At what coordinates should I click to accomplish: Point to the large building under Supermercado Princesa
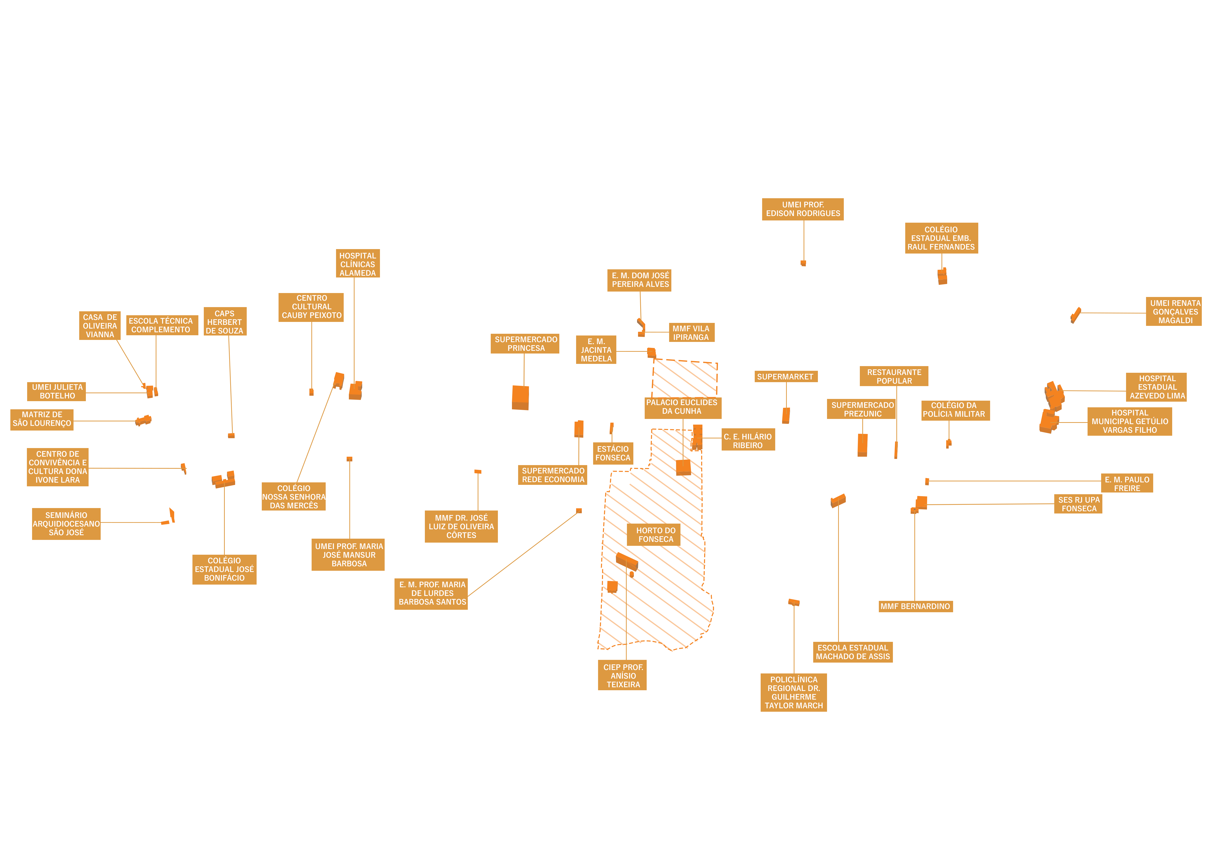tap(520, 398)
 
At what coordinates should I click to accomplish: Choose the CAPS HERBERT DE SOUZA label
tap(225, 322)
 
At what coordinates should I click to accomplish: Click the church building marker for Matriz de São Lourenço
tap(143, 421)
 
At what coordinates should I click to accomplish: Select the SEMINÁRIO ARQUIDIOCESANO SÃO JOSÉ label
tap(66, 524)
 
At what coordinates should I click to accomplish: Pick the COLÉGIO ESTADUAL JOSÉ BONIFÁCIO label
tap(225, 570)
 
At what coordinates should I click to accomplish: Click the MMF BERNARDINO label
tap(915, 606)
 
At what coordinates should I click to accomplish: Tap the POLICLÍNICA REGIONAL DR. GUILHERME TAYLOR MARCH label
tap(794, 692)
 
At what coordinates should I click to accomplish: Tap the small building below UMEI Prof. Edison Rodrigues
tap(803, 263)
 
